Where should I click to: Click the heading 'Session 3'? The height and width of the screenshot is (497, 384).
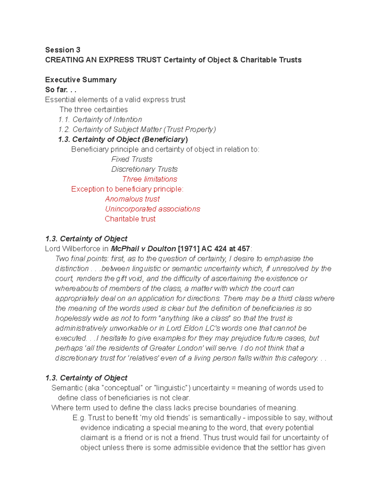(x=63, y=50)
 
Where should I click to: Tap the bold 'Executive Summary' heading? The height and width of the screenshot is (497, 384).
(x=81, y=80)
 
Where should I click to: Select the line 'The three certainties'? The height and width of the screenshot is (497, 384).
(x=93, y=109)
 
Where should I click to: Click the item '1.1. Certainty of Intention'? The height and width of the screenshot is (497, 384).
(x=100, y=119)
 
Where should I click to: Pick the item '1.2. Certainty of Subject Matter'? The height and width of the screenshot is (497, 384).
(x=137, y=129)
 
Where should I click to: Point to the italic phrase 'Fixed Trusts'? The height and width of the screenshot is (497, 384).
(x=132, y=159)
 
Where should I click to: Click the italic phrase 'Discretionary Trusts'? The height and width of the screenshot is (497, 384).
(x=144, y=169)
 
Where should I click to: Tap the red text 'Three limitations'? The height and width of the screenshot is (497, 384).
(x=149, y=179)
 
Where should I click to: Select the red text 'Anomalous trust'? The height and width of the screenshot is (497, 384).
(x=132, y=199)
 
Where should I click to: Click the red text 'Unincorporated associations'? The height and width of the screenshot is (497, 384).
(x=152, y=209)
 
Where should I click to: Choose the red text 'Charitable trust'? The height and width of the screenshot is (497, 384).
(x=130, y=219)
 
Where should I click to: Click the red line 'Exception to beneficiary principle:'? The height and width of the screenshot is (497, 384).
(x=127, y=189)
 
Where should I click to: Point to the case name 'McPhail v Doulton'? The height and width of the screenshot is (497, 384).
(x=143, y=249)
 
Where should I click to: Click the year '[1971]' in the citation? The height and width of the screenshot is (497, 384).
(x=188, y=249)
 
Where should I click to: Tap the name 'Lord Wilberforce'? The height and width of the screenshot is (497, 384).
(x=73, y=249)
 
